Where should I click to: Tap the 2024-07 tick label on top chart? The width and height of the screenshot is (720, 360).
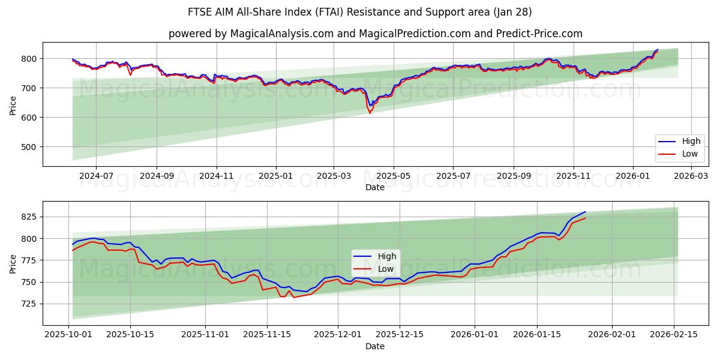pos(96,176)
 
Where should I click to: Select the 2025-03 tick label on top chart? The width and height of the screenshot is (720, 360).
pos(334,176)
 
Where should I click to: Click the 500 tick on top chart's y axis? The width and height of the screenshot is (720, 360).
pos(29,147)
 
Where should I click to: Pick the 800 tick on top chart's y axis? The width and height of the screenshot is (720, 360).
pos(29,59)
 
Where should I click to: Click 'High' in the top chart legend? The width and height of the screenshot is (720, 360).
pos(691,142)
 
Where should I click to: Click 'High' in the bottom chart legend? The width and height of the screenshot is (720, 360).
pos(387,257)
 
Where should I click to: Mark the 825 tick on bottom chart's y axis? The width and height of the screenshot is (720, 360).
pos(29,217)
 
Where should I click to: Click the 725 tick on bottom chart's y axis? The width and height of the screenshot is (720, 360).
pos(29,304)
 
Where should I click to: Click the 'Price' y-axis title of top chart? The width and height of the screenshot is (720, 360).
pos(13,105)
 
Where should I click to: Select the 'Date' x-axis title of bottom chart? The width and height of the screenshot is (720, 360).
pos(375,346)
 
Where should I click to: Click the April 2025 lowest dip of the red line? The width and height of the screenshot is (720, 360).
pos(370,113)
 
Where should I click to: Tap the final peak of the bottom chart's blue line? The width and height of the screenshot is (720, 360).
pos(585,212)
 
